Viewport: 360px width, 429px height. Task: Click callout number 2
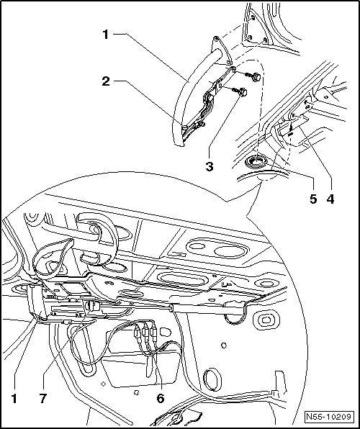pyautogui.click(x=106, y=81)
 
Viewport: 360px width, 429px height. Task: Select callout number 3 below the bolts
pyautogui.click(x=210, y=166)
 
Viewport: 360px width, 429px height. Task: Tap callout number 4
pyautogui.click(x=330, y=199)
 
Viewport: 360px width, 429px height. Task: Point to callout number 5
pyautogui.click(x=313, y=199)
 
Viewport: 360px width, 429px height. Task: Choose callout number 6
pyautogui.click(x=161, y=398)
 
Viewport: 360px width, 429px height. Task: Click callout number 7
pyautogui.click(x=43, y=398)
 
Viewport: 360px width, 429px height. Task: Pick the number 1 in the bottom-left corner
pyautogui.click(x=14, y=398)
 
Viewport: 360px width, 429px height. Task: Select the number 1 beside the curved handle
pyautogui.click(x=106, y=35)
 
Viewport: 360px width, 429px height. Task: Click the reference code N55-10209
pyautogui.click(x=328, y=417)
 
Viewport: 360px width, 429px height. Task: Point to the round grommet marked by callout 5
pyautogui.click(x=256, y=161)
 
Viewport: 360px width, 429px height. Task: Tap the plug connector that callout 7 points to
pyautogui.click(x=93, y=306)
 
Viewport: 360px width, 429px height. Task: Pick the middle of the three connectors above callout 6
pyautogui.click(x=145, y=333)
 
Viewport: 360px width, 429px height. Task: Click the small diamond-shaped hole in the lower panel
pyautogui.click(x=103, y=384)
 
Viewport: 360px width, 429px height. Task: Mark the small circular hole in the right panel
pyautogui.click(x=224, y=346)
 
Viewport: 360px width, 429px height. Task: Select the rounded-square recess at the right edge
pyautogui.click(x=266, y=320)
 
